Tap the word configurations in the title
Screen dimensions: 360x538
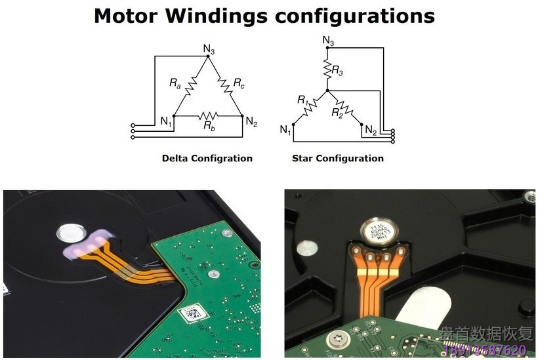[x=355, y=15]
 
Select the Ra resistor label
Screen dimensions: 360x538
[x=175, y=83]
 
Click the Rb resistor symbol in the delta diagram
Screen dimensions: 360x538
[x=209, y=115]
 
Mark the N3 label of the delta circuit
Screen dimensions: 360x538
[x=208, y=49]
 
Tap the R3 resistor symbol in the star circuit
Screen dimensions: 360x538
[x=327, y=66]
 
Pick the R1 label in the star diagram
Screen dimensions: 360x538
[x=302, y=100]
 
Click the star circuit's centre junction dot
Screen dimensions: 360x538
[x=327, y=90]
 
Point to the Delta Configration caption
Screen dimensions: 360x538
[x=207, y=158]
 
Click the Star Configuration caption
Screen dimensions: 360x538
[x=338, y=158]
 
